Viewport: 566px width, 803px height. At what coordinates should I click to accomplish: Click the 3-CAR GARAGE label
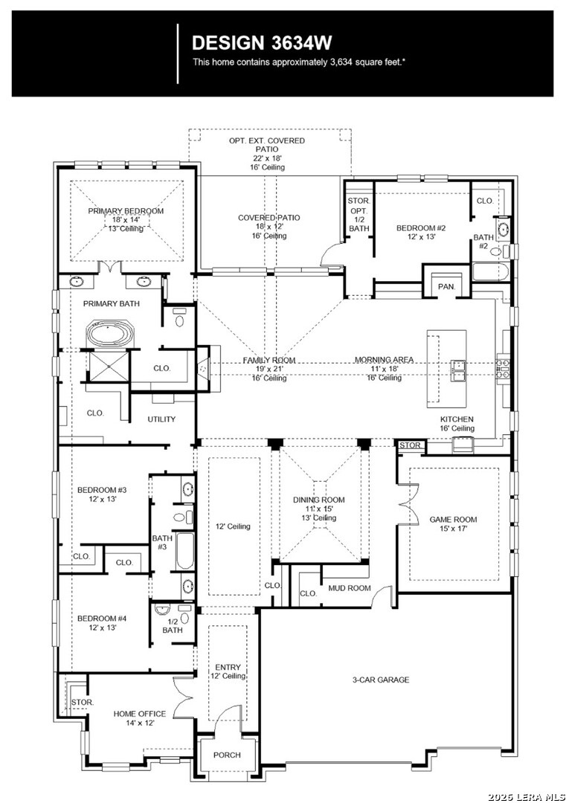381,680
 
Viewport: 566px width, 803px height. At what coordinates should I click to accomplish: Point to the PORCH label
227,755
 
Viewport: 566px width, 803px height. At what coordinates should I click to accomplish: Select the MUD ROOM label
349,588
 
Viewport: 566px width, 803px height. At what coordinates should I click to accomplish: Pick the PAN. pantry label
446,286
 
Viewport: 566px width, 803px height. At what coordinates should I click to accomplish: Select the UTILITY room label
161,419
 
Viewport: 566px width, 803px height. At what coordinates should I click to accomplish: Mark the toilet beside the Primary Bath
179,320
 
